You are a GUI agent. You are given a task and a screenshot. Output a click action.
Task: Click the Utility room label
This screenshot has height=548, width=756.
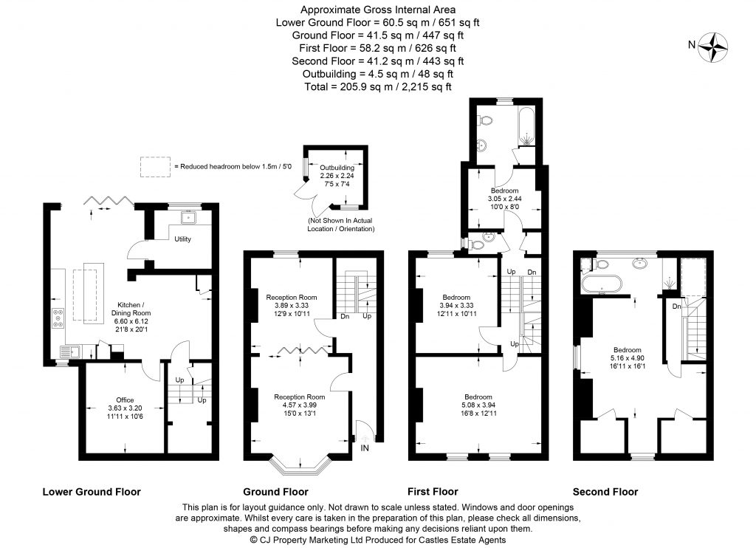(x=182, y=239)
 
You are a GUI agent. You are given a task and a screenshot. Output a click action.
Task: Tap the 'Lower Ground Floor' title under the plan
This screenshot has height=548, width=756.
(x=92, y=491)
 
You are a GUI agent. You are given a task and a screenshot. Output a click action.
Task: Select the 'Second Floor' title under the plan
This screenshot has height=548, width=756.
(x=605, y=491)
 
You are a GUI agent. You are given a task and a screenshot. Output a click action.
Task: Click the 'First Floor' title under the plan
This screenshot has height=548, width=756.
(x=433, y=491)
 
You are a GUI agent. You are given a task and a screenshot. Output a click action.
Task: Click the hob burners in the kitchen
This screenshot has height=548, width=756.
(x=59, y=318)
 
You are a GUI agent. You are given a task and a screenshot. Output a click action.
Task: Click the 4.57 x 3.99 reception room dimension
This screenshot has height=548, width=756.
(x=300, y=405)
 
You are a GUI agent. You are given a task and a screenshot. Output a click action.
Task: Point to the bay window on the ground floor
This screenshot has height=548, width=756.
(x=300, y=466)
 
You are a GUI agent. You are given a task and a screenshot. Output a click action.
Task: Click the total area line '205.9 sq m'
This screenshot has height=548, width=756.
(x=377, y=86)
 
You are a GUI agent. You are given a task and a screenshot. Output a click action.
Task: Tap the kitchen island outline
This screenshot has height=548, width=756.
(x=91, y=292)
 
